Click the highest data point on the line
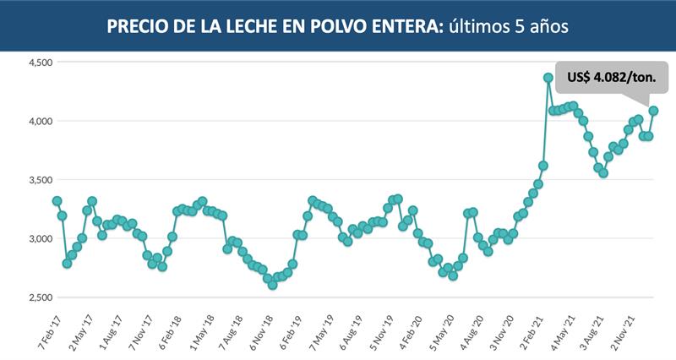[x=548, y=78]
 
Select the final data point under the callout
[x=653, y=111]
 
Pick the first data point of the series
[x=57, y=201]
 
